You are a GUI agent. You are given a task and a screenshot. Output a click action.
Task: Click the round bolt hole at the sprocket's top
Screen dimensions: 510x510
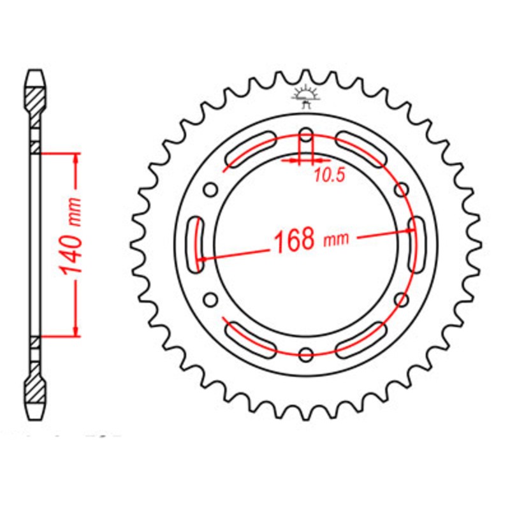[306, 135]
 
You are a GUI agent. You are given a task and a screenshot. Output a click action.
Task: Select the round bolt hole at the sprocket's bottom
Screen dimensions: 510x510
[306, 354]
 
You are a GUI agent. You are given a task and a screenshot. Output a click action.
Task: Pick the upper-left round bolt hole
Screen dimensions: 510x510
[210, 189]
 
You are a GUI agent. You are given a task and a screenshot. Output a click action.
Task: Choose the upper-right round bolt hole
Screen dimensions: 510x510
[402, 189]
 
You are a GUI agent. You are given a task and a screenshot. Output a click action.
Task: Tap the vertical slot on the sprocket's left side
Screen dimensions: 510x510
[195, 244]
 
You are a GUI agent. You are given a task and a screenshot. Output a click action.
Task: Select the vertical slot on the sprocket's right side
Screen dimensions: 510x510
[417, 244]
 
